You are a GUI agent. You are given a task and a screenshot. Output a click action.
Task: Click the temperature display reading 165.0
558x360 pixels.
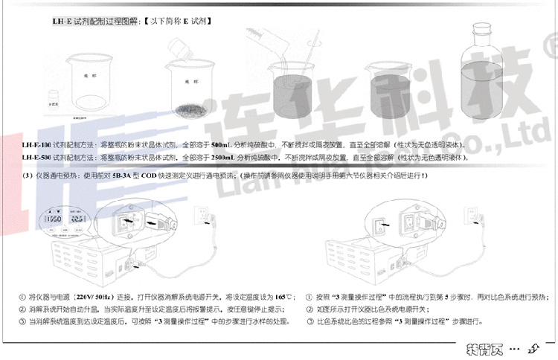(53, 220)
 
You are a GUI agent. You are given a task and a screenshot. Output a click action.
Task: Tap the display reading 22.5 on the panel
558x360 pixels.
(77, 220)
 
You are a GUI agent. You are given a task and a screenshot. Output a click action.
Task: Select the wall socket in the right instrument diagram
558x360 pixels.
(475, 216)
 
